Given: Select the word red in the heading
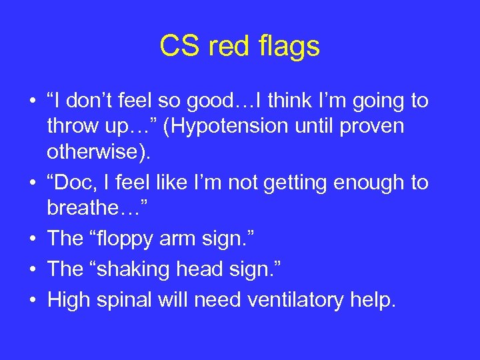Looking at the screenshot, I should point(224,47).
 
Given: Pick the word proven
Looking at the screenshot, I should point(371,126).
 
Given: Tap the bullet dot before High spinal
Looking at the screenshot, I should point(32,301).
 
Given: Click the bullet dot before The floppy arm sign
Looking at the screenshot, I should point(32,239).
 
